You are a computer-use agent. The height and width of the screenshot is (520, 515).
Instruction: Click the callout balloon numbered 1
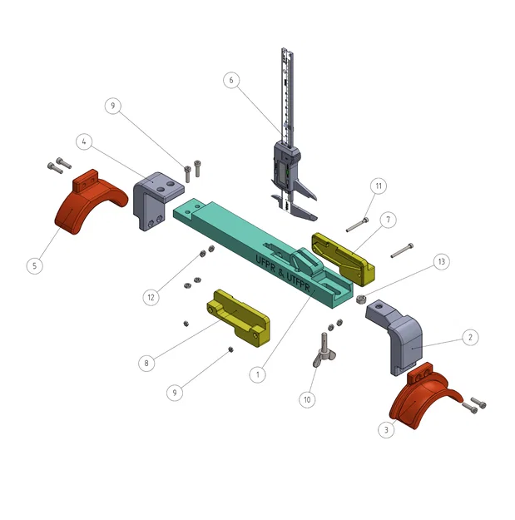coord(258,375)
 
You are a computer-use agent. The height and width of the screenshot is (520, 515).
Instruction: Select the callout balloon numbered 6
coord(231,81)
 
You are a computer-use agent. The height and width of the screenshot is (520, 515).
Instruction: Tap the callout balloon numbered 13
coord(441,262)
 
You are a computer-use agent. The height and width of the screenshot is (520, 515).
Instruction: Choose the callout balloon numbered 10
coord(307,399)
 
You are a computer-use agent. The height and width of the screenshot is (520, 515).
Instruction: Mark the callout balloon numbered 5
coord(34,265)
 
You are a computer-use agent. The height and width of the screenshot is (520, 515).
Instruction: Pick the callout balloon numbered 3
coord(385,429)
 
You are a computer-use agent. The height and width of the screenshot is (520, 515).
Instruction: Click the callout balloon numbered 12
coord(151,296)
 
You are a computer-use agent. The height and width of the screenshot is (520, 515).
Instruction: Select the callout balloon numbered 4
coord(85,141)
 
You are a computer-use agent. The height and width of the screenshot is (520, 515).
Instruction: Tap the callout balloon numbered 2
coord(470,338)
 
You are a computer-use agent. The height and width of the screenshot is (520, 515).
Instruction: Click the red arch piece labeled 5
coord(85,205)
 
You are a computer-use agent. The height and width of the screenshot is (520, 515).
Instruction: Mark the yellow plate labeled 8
coord(241,317)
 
